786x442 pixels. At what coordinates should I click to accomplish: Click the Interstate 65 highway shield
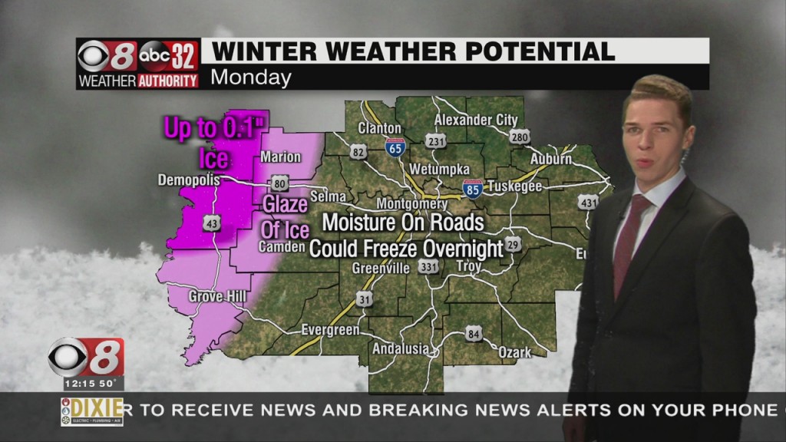tap(395, 147)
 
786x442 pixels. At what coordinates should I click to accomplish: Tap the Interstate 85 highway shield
tap(473, 189)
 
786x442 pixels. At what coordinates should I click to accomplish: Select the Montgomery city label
tap(411, 204)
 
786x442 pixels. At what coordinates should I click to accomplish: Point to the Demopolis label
tap(189, 180)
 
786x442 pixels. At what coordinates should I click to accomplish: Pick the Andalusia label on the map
tap(401, 348)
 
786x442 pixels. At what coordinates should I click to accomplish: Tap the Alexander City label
tap(476, 120)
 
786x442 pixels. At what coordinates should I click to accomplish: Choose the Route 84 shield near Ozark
tap(474, 334)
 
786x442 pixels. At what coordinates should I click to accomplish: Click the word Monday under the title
tap(250, 78)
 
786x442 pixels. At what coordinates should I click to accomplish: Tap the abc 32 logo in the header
tap(169, 55)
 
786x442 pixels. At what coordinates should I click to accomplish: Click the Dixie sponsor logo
tap(91, 411)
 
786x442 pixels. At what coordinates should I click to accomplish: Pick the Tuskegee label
tap(514, 187)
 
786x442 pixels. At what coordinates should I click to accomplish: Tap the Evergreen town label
tap(330, 330)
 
